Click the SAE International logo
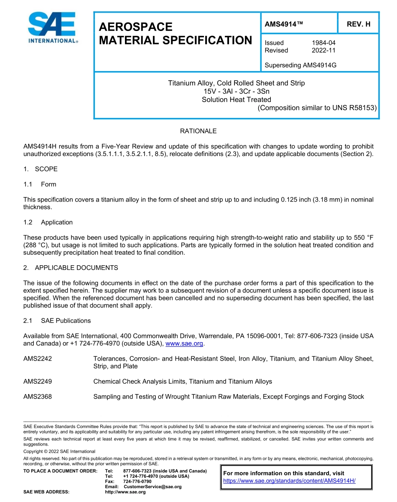52,28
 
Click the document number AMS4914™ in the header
284,24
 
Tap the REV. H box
358,24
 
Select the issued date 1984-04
323,43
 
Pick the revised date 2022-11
323,50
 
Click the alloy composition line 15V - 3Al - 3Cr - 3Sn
236,91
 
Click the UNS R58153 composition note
317,108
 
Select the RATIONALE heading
198,131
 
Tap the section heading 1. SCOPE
41,169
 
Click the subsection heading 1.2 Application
48,222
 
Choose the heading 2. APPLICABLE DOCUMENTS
71,268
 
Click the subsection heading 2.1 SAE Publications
57,320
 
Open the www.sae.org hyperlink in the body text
184,343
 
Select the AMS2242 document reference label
38,359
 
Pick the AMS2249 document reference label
38,382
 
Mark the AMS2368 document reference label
38,397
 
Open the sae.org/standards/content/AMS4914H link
289,481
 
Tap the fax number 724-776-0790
137,482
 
